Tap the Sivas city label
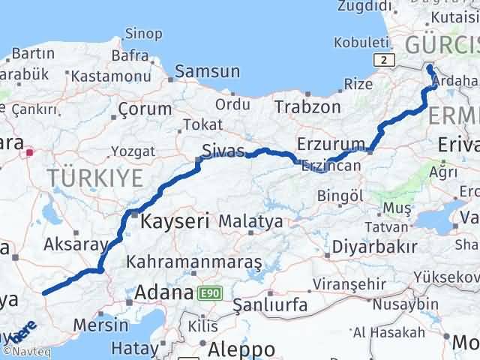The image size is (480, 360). click(224, 151)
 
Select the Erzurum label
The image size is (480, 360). click(331, 142)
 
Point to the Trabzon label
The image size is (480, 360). click(307, 106)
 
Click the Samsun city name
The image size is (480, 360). click(207, 72)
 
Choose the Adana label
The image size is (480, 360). click(163, 293)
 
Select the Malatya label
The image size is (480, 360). click(250, 222)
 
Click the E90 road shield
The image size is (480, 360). click(208, 293)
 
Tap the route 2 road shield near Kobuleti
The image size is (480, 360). click(384, 59)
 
